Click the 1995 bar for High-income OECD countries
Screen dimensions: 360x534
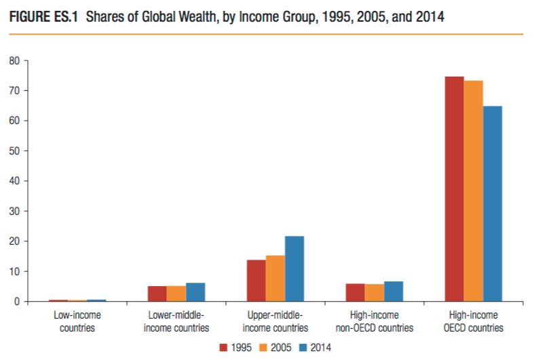point(454,189)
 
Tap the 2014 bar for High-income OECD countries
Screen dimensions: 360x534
point(493,203)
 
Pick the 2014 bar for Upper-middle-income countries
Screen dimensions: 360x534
point(294,268)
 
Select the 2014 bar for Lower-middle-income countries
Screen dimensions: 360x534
point(195,292)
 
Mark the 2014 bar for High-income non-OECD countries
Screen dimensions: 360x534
point(394,292)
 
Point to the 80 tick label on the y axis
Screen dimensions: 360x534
point(14,60)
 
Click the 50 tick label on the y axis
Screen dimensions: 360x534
point(14,151)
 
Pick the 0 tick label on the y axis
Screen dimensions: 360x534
point(17,302)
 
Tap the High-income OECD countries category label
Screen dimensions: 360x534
point(474,321)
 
